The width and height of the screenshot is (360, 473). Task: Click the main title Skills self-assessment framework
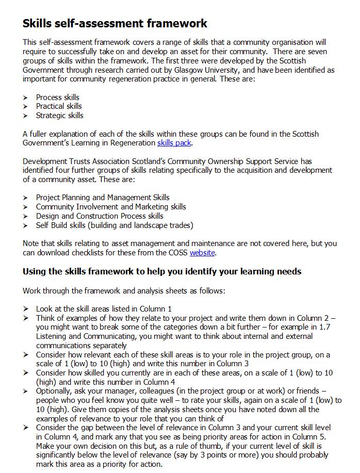pyautogui.click(x=115, y=23)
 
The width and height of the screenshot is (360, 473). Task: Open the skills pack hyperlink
pyautogui.click(x=175, y=143)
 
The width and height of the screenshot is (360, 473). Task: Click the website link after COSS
pyautogui.click(x=202, y=253)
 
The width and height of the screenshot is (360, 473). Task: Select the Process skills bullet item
pyautogui.click(x=57, y=97)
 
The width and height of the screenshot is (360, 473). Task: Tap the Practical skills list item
pyautogui.click(x=59, y=106)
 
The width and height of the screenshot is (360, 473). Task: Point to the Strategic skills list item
pyautogui.click(x=59, y=116)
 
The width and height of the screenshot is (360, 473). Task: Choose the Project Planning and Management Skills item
pyautogui.click(x=103, y=198)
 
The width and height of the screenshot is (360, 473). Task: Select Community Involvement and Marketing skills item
pyautogui.click(x=111, y=207)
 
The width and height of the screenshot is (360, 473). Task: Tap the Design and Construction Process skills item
pyautogui.click(x=100, y=216)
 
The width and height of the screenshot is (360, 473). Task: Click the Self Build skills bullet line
pyautogui.click(x=114, y=225)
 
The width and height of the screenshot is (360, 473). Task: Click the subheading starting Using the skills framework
pyautogui.click(x=162, y=271)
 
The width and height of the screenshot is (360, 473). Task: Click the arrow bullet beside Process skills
pyautogui.click(x=25, y=97)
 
